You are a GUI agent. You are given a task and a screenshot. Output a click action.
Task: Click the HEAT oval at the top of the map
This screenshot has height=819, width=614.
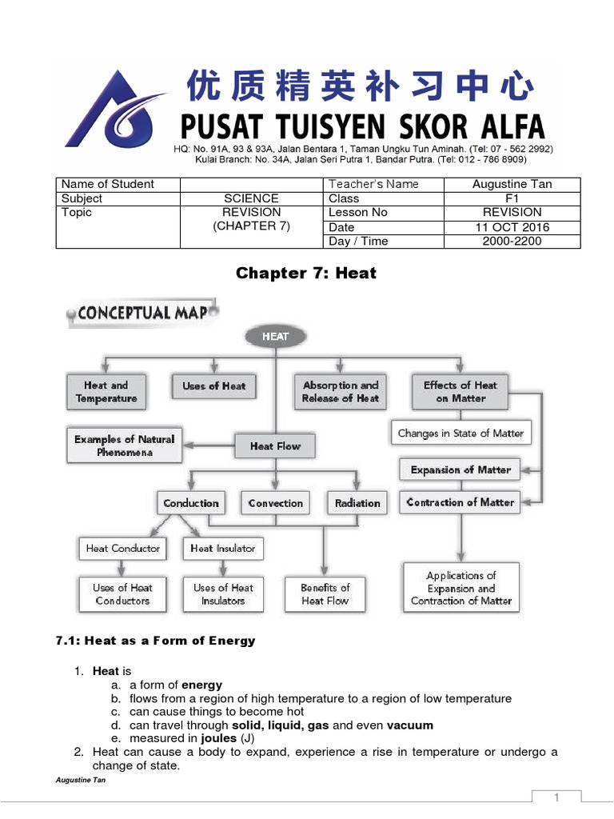click(275, 336)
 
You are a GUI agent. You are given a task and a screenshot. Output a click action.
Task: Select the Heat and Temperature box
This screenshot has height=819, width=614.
click(106, 391)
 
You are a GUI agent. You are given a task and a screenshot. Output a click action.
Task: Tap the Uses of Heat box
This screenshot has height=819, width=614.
click(213, 386)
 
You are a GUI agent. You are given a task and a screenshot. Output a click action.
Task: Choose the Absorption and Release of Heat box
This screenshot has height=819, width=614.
click(341, 391)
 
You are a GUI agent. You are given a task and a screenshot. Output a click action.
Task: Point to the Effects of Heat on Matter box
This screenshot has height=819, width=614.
click(460, 391)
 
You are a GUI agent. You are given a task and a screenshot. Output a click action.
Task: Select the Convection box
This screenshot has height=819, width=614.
click(275, 503)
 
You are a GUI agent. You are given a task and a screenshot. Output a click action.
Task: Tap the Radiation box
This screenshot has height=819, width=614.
click(357, 503)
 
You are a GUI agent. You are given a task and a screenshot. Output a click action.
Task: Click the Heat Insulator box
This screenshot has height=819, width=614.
click(223, 548)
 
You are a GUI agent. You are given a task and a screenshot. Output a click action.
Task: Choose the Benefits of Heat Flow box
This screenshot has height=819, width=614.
click(325, 593)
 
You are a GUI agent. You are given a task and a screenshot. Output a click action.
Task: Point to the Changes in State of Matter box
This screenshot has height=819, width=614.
click(460, 433)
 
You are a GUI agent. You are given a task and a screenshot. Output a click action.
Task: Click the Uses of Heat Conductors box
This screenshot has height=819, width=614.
click(122, 593)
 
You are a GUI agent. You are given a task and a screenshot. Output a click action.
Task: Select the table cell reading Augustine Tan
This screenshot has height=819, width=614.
click(512, 184)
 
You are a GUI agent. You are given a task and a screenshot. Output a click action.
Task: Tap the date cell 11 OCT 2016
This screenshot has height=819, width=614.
click(512, 227)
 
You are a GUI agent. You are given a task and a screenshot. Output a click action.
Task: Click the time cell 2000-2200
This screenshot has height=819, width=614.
click(512, 241)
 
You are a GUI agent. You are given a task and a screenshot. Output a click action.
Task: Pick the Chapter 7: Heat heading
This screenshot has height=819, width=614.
click(306, 274)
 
